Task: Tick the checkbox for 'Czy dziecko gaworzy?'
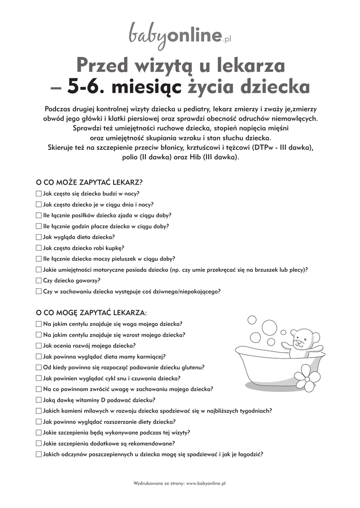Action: [x=39, y=280]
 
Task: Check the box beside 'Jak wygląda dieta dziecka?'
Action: [x=39, y=237]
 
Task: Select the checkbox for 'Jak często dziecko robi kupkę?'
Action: [x=39, y=248]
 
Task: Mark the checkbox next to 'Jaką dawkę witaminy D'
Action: [x=39, y=400]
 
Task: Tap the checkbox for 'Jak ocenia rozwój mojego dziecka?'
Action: [x=39, y=346]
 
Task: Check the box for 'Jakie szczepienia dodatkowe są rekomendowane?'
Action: [x=39, y=444]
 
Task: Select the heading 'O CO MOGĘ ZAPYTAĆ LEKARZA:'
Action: [x=92, y=313]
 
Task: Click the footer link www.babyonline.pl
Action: [x=206, y=483]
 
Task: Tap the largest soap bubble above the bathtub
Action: [x=252, y=321]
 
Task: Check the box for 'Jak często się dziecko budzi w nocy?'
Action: [x=39, y=193]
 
